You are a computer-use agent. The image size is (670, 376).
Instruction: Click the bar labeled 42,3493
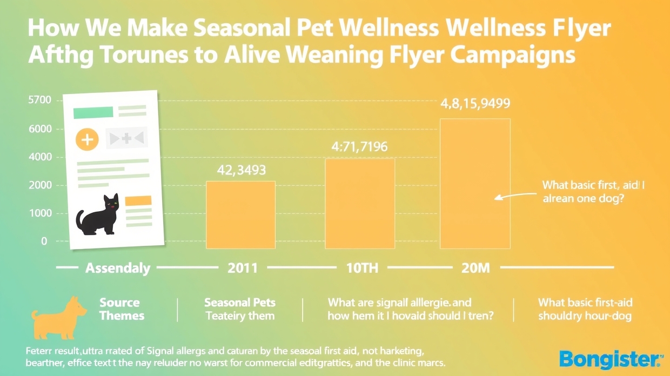pos(241,214)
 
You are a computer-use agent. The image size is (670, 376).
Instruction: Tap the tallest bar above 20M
pos(475,184)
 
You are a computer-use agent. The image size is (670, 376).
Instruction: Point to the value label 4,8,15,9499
pos(475,104)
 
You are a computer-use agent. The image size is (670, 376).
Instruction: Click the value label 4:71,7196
pos(359,146)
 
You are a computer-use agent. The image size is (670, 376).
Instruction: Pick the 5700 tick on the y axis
pos(38,100)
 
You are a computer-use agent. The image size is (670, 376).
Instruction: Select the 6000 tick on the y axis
pos(38,129)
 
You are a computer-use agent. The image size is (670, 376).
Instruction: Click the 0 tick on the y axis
pos(44,241)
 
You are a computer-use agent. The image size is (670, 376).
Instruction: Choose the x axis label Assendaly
pos(118,267)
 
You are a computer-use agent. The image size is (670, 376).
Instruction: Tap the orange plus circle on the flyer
pos(87,140)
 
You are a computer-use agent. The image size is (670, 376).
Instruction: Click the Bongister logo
pos(610,359)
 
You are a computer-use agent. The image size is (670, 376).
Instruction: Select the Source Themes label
pos(121,309)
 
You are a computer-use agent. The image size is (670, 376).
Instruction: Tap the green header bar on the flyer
pos(92,112)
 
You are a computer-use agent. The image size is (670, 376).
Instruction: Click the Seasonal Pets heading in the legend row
pos(240,303)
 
